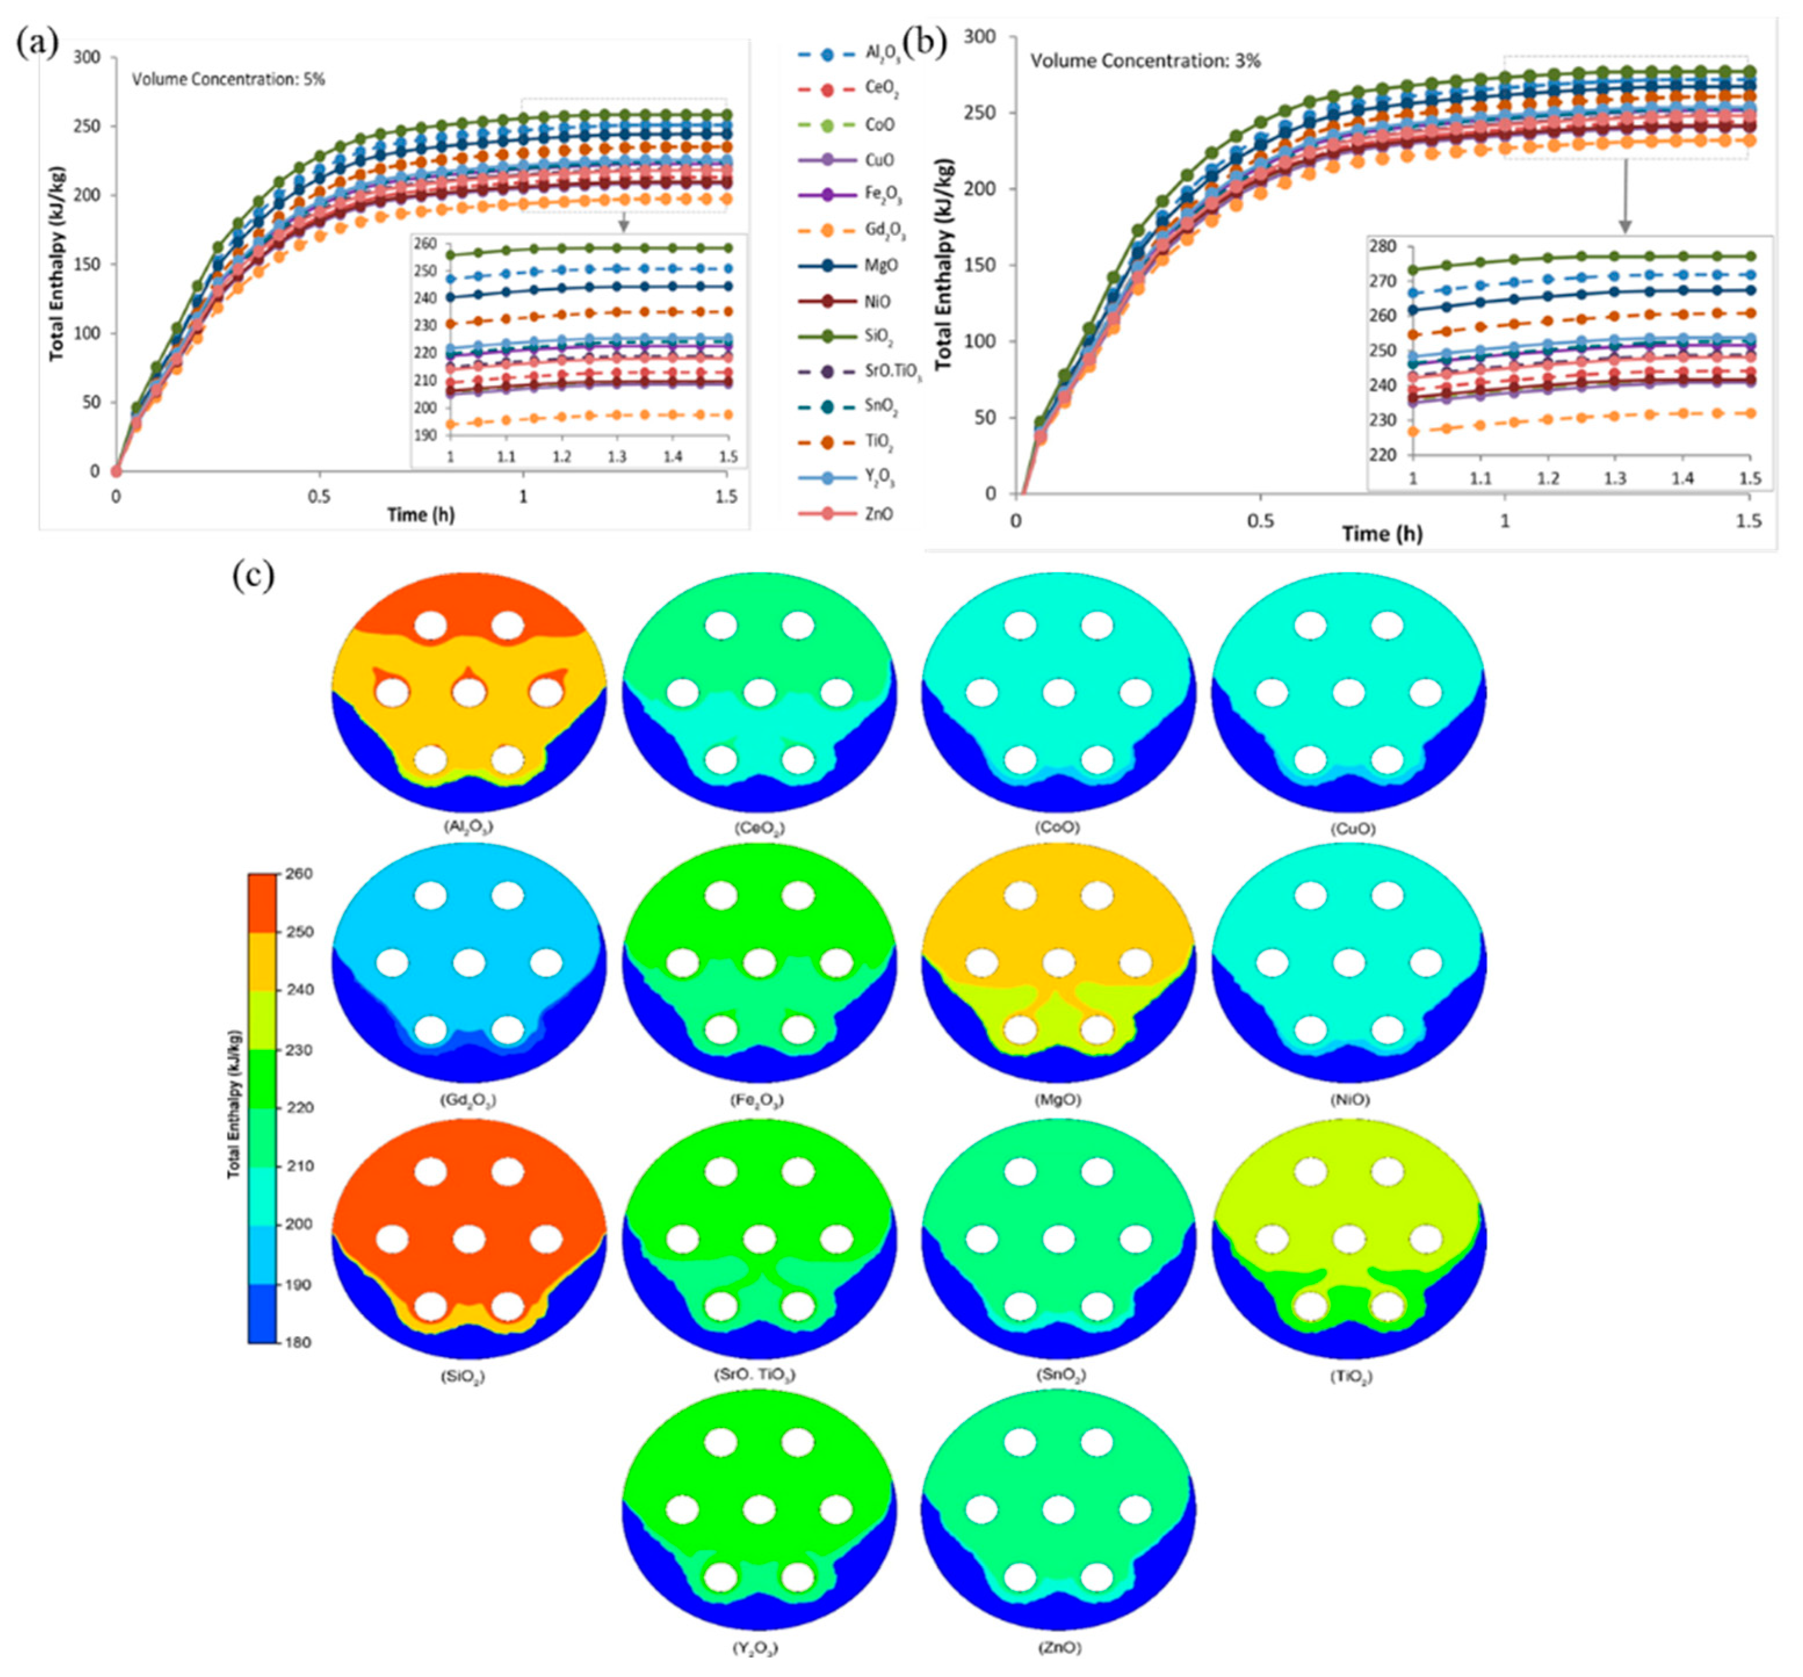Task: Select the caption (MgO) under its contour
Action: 1058,1099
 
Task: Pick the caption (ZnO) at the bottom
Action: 1058,1648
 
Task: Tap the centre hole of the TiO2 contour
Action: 1349,1239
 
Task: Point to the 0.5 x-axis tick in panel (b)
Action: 1260,521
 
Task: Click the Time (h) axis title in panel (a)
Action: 421,515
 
